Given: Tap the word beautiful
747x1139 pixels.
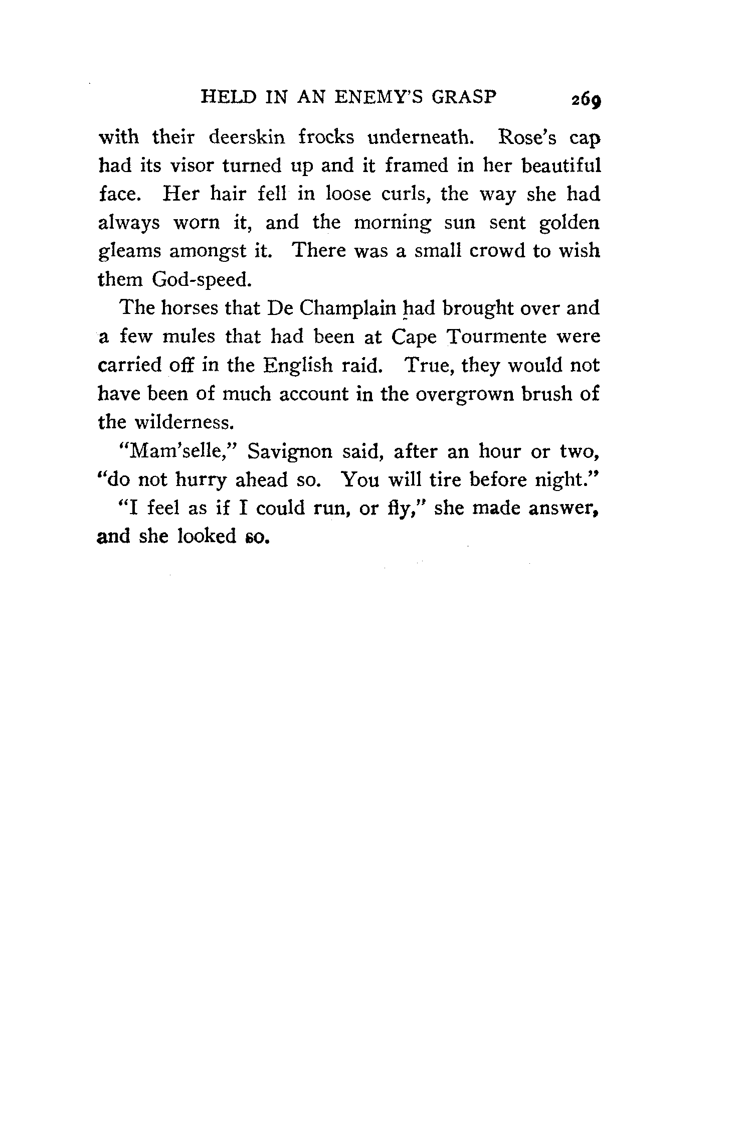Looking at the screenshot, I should (x=561, y=166).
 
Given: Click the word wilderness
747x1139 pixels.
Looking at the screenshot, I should (x=183, y=422).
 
